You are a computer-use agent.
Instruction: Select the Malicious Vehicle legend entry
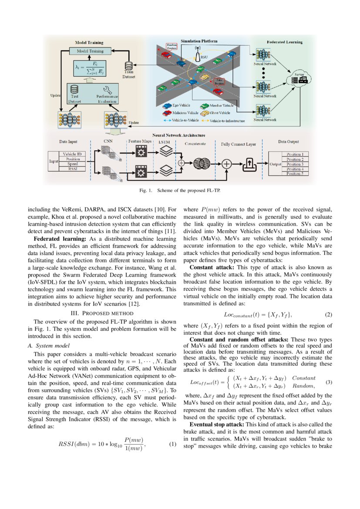(176, 112)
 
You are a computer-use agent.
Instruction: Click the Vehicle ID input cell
(72, 154)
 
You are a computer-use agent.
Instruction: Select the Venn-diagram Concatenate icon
(200, 164)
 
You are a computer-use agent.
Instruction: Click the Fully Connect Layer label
(238, 144)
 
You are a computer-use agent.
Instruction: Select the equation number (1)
(172, 444)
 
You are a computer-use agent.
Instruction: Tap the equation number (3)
(329, 382)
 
